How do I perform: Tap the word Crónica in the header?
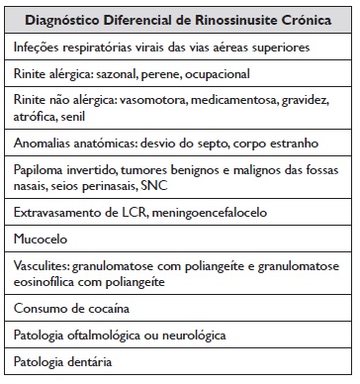pyautogui.click(x=305, y=21)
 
